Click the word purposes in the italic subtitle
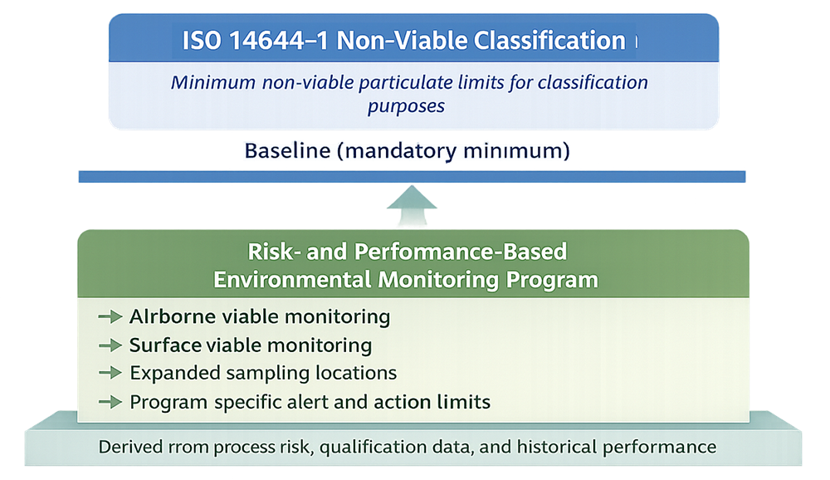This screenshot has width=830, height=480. [x=407, y=107]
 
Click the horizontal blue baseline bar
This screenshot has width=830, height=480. [x=413, y=177]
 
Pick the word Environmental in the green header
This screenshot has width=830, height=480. [x=292, y=279]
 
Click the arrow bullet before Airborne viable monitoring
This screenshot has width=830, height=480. [x=110, y=316]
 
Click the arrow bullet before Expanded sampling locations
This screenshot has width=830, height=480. [x=110, y=373]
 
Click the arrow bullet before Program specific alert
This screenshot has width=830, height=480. [x=110, y=403]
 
